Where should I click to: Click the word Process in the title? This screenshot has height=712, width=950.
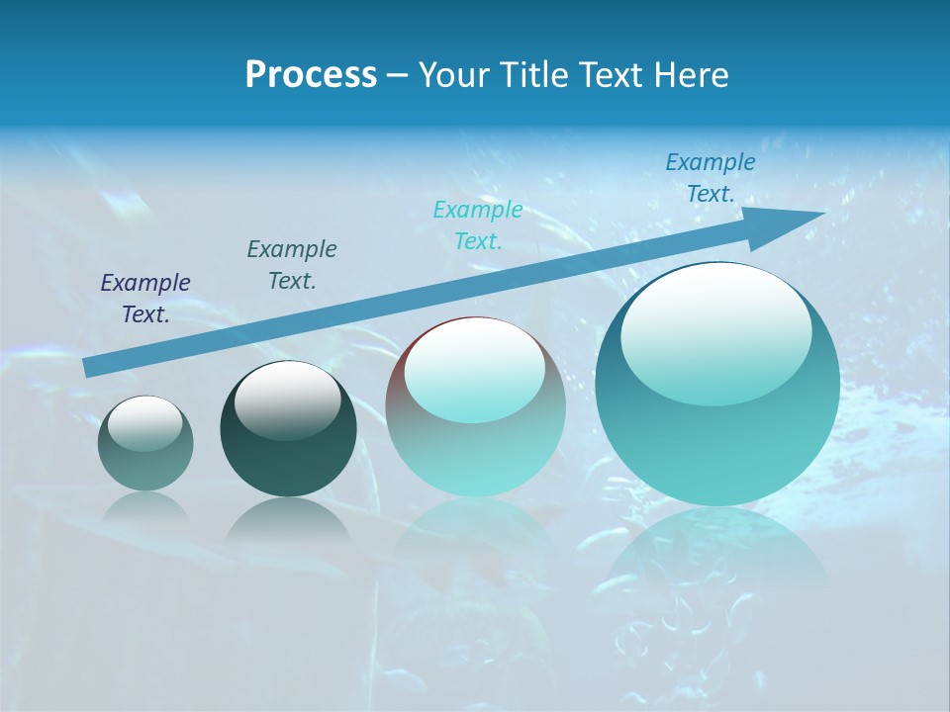pyautogui.click(x=311, y=75)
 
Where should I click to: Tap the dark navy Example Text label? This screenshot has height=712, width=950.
pyautogui.click(x=145, y=298)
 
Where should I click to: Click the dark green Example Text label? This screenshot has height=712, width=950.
pyautogui.click(x=292, y=264)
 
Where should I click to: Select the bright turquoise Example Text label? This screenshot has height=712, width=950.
pyautogui.click(x=478, y=224)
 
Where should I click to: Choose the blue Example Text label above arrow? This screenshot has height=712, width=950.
pyautogui.click(x=711, y=178)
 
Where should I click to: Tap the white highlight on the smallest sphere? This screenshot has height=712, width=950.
pyautogui.click(x=144, y=423)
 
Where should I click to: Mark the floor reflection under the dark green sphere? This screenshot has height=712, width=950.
pyautogui.click(x=288, y=519)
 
